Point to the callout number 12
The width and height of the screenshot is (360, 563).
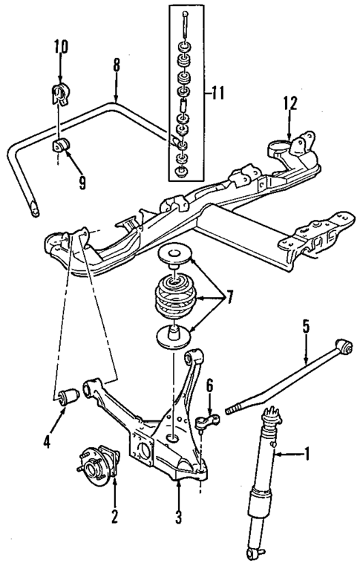pos(289,103)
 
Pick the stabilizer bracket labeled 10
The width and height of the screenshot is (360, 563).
pos(59,94)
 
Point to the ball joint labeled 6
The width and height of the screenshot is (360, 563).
pos(207,424)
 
